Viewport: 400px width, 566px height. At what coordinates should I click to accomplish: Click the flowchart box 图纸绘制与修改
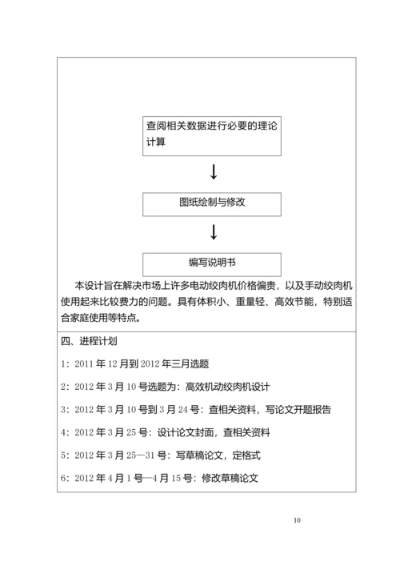(x=212, y=203)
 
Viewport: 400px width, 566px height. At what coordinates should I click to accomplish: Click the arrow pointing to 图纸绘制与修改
(x=214, y=171)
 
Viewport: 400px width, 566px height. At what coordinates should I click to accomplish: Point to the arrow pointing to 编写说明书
(x=214, y=233)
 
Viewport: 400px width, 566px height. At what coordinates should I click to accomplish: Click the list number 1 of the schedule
(x=63, y=363)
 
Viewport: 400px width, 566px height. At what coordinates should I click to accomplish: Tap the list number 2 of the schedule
(x=63, y=387)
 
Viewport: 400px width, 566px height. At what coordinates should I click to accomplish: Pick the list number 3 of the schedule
(x=63, y=409)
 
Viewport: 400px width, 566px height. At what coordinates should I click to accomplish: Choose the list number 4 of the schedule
(x=63, y=432)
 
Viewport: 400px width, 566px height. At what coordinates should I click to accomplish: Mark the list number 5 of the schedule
(x=63, y=456)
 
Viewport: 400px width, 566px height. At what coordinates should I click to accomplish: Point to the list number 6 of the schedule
(x=63, y=479)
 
